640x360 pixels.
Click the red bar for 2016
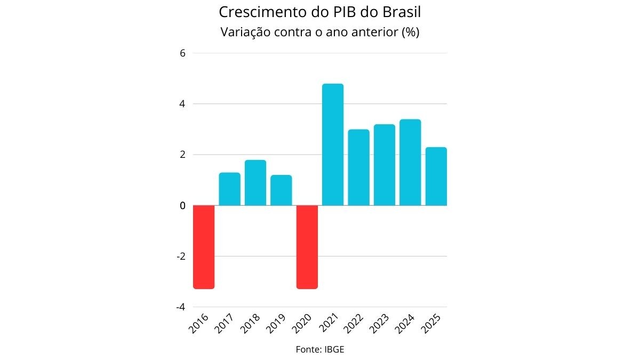click(204, 247)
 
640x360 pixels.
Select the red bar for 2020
click(307, 247)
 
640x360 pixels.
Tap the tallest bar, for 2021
click(333, 145)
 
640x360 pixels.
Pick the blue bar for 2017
click(229, 189)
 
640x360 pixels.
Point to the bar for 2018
click(255, 182)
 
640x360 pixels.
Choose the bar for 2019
click(281, 190)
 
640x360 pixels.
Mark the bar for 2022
click(358, 167)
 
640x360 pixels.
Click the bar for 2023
click(385, 165)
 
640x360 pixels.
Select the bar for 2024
click(410, 162)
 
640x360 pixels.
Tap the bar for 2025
click(436, 176)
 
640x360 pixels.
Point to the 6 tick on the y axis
click(182, 53)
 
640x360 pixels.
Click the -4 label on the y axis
click(180, 307)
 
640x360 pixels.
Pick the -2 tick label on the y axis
click(180, 257)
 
